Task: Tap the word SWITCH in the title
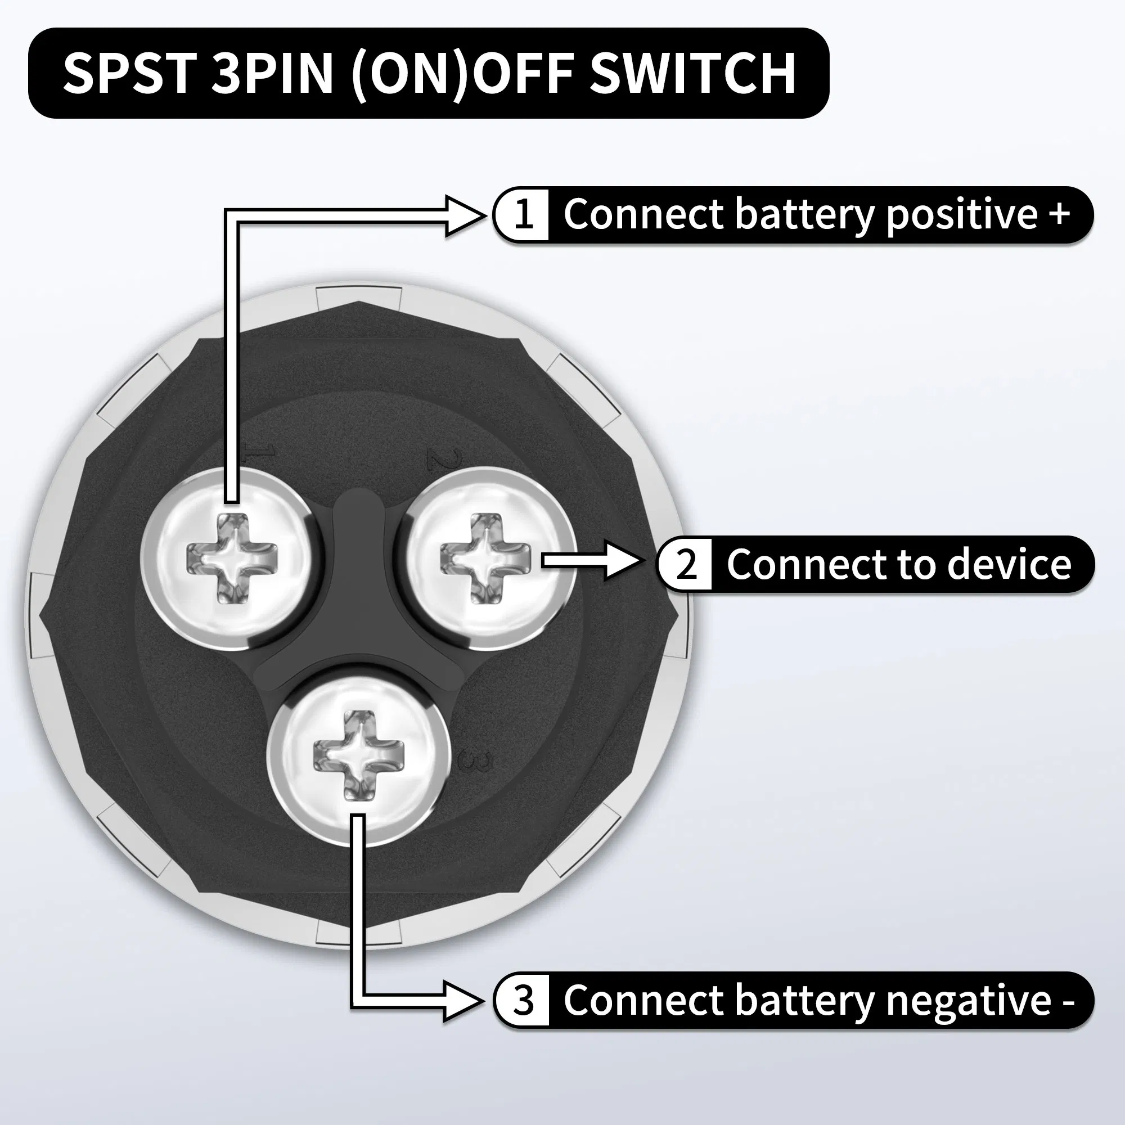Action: coord(692,73)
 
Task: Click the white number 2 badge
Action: coord(686,564)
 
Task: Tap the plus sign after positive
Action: coord(1059,213)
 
